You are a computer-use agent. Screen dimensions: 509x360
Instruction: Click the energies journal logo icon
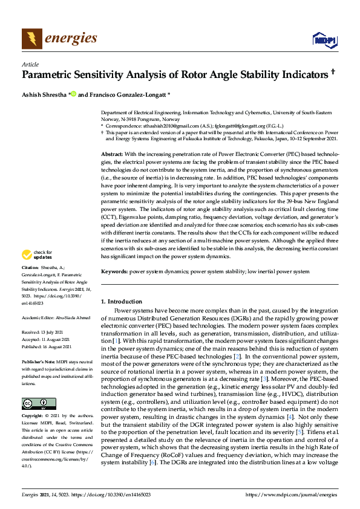point(32,39)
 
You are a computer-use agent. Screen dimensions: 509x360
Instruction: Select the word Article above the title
point(30,64)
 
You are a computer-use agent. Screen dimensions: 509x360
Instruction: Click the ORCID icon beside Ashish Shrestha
point(73,95)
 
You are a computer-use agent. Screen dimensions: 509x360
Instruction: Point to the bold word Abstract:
point(112,155)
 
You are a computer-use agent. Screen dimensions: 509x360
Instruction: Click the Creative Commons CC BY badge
point(38,403)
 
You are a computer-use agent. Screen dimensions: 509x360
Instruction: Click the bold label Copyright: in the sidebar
point(33,417)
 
